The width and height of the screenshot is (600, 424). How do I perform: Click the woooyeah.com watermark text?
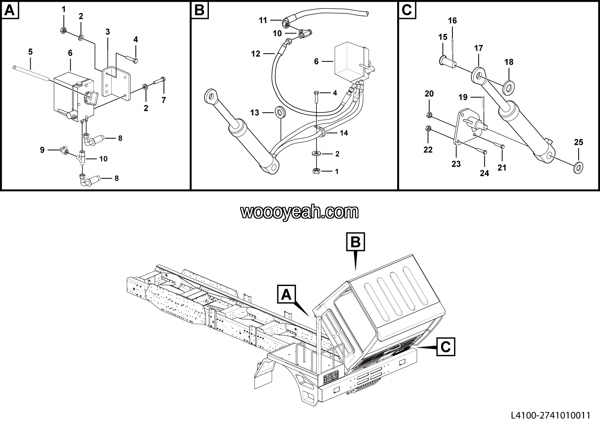click(x=300, y=212)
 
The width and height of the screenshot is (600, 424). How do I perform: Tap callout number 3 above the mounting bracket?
click(x=108, y=32)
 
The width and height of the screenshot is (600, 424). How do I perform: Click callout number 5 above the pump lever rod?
click(x=30, y=52)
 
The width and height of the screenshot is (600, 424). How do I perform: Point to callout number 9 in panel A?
click(x=42, y=150)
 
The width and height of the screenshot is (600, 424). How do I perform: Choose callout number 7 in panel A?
click(x=164, y=100)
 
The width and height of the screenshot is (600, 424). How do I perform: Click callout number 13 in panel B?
click(x=255, y=113)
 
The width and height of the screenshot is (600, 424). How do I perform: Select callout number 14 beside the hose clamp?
click(x=344, y=133)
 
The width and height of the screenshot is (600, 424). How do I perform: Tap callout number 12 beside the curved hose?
click(x=256, y=54)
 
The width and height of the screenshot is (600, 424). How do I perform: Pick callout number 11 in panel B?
click(x=263, y=20)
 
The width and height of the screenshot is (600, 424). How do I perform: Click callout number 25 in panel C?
click(x=579, y=142)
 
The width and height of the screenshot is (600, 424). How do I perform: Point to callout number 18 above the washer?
click(x=509, y=62)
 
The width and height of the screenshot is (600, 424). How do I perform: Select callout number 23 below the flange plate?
click(x=456, y=164)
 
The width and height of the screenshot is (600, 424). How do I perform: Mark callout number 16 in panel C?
click(x=452, y=21)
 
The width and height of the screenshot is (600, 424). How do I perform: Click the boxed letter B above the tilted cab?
click(x=356, y=242)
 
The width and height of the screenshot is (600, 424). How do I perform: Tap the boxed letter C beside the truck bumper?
click(x=446, y=347)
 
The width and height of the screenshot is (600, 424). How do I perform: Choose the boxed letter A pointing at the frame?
click(x=286, y=294)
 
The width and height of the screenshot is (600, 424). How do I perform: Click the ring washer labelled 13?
click(x=279, y=111)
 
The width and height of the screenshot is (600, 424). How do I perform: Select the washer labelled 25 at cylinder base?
click(x=579, y=167)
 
